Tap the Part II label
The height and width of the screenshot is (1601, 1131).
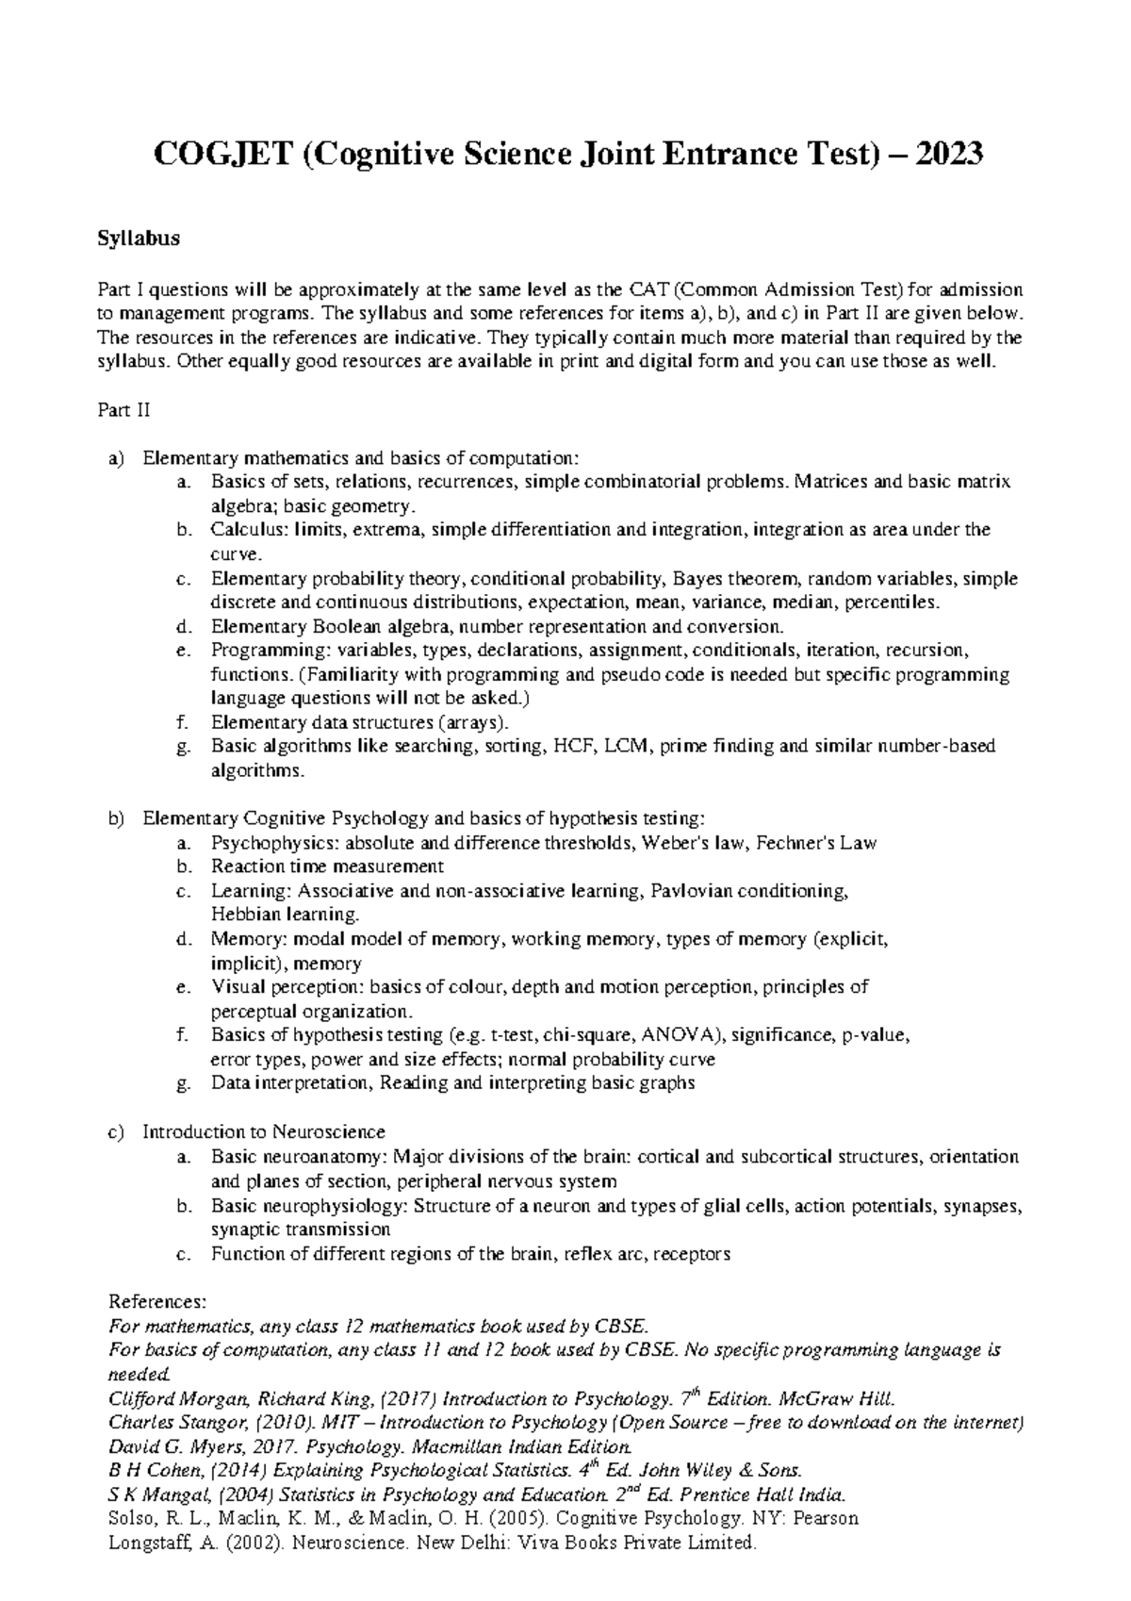pos(123,410)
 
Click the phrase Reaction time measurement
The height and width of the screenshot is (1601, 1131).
pos(327,867)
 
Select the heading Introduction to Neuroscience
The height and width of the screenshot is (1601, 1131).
pos(264,1131)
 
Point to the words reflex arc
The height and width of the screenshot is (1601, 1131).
pos(602,1254)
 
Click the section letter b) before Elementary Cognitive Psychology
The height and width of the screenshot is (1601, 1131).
pos(116,818)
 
